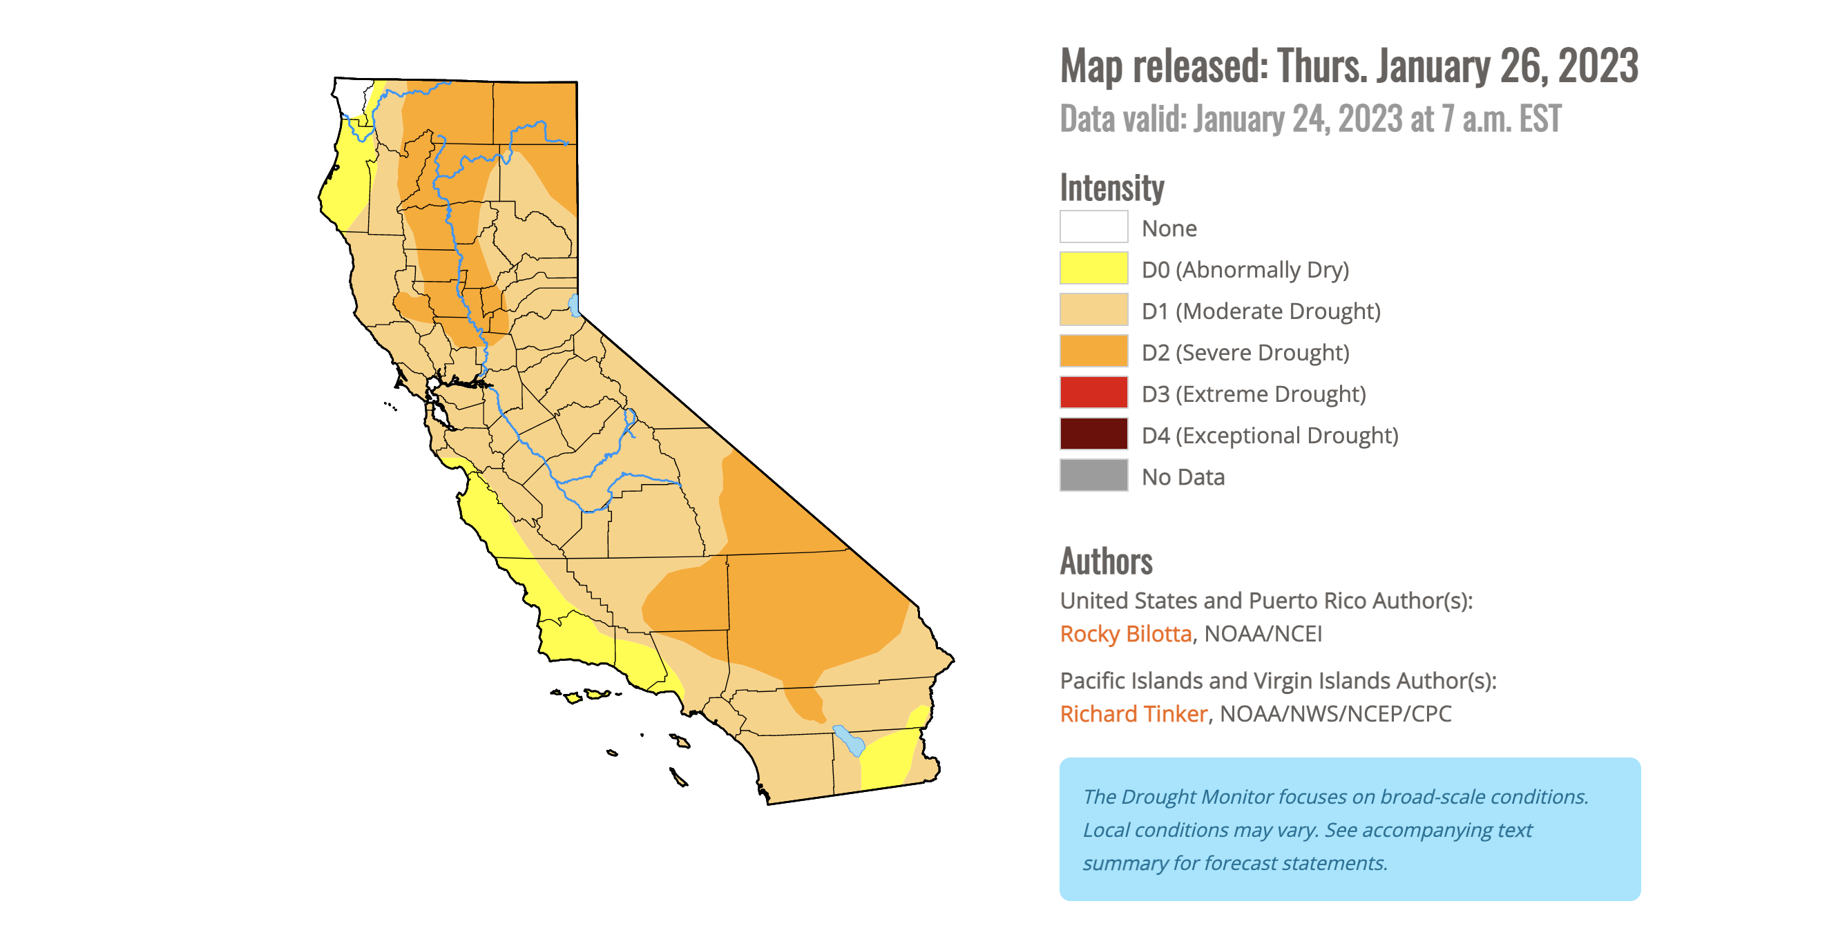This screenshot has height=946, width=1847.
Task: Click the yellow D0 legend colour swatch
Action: pyautogui.click(x=1093, y=269)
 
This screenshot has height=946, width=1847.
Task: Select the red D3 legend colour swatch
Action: pyautogui.click(x=1093, y=393)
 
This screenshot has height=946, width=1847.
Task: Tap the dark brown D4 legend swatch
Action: pyautogui.click(x=1093, y=434)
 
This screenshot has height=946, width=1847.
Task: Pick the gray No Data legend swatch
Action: pyautogui.click(x=1093, y=476)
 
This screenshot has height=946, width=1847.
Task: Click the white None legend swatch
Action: pyautogui.click(x=1093, y=227)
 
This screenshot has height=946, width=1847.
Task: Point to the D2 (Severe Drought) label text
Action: pyautogui.click(x=1245, y=353)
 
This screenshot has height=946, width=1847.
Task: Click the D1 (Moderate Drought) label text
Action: pyautogui.click(x=1261, y=311)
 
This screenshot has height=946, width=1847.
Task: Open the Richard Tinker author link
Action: pyautogui.click(x=1133, y=715)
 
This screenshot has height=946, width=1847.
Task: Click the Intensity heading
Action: pyautogui.click(x=1111, y=189)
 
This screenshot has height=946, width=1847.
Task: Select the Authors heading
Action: pyautogui.click(x=1106, y=562)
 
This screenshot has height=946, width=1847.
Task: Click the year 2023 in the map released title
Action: pyautogui.click(x=1598, y=66)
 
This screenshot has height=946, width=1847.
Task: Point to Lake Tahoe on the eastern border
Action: pyautogui.click(x=574, y=306)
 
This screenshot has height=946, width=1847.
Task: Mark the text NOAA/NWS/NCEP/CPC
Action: pyautogui.click(x=1335, y=715)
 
